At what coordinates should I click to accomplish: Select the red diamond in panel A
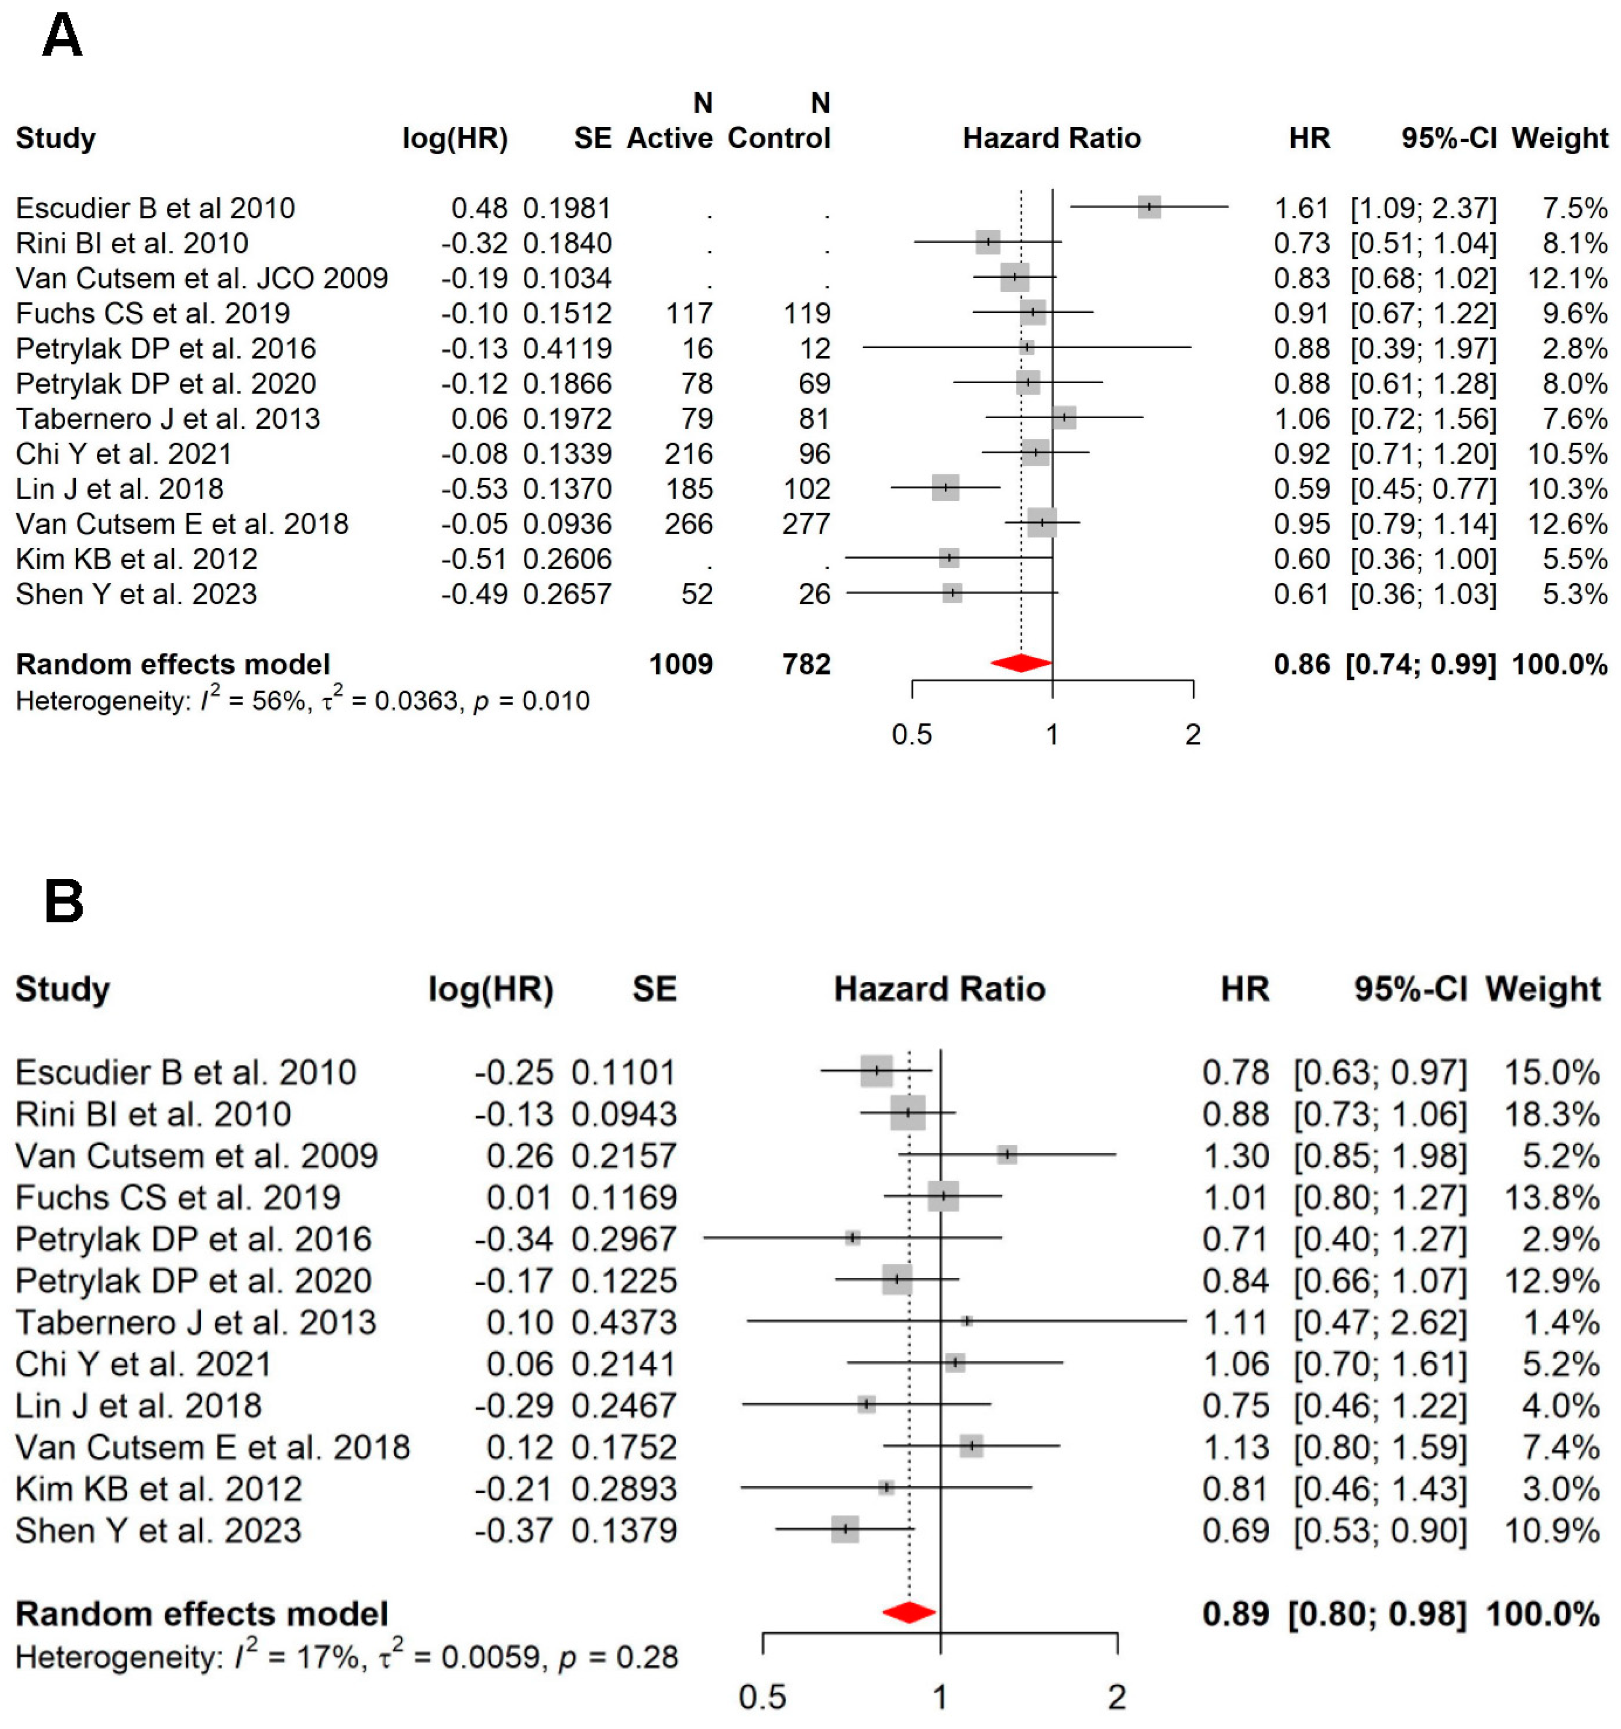pyautogui.click(x=1021, y=664)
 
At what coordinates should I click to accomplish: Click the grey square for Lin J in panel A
pyautogui.click(x=945, y=488)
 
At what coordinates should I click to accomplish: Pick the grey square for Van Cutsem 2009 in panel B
pyautogui.click(x=1007, y=1154)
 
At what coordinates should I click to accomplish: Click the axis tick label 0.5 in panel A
pyautogui.click(x=911, y=735)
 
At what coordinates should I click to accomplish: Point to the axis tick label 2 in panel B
pyautogui.click(x=1116, y=1697)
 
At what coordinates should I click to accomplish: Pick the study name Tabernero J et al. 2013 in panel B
pyautogui.click(x=196, y=1322)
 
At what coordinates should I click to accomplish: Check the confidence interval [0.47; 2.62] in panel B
pyautogui.click(x=1379, y=1322)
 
